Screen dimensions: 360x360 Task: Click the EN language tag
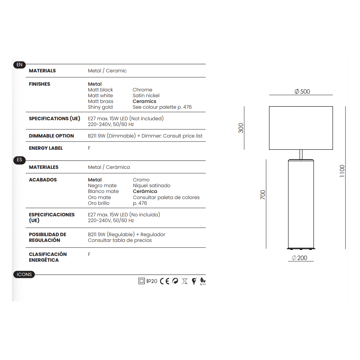(x=19, y=65)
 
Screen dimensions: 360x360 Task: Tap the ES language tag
(x=19, y=160)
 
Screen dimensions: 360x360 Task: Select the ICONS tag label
(x=24, y=274)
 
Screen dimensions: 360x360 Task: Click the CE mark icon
(x=165, y=281)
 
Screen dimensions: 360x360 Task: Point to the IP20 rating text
(x=152, y=281)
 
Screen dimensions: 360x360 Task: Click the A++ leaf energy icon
(x=203, y=282)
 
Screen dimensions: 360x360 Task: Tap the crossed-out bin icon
(x=185, y=281)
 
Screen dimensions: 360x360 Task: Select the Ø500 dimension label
(x=302, y=91)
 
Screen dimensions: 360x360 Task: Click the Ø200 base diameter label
(x=300, y=258)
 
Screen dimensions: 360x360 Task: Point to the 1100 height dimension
(x=342, y=171)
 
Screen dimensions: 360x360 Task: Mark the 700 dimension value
(x=263, y=195)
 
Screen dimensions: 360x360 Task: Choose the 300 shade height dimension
(x=241, y=128)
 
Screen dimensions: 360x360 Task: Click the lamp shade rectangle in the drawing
(x=301, y=128)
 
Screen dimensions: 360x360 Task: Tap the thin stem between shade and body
(x=301, y=154)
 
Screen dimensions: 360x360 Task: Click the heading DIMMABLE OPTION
(x=51, y=136)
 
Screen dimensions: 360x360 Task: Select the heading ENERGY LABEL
(x=46, y=148)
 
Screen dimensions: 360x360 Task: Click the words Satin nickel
(x=146, y=95)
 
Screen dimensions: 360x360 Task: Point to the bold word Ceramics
(x=144, y=101)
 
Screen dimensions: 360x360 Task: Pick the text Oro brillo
(x=99, y=203)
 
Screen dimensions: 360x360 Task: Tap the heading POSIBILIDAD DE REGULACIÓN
(x=48, y=237)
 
